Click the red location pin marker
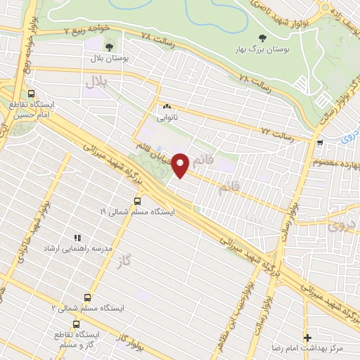click(181, 165)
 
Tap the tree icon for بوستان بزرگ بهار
click(263, 38)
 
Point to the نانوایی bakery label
click(167, 117)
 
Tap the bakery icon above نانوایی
click(167, 106)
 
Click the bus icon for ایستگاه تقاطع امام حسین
click(31, 94)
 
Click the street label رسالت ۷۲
click(276, 131)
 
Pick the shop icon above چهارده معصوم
click(321, 143)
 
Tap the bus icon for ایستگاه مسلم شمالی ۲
click(87, 297)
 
